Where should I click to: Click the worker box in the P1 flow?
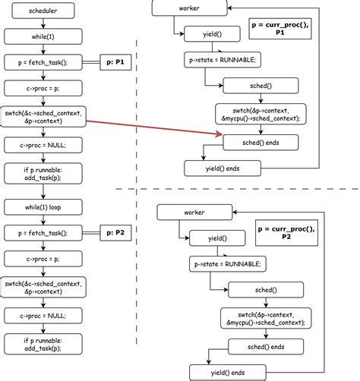(188, 8)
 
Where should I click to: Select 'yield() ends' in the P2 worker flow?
(228, 373)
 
